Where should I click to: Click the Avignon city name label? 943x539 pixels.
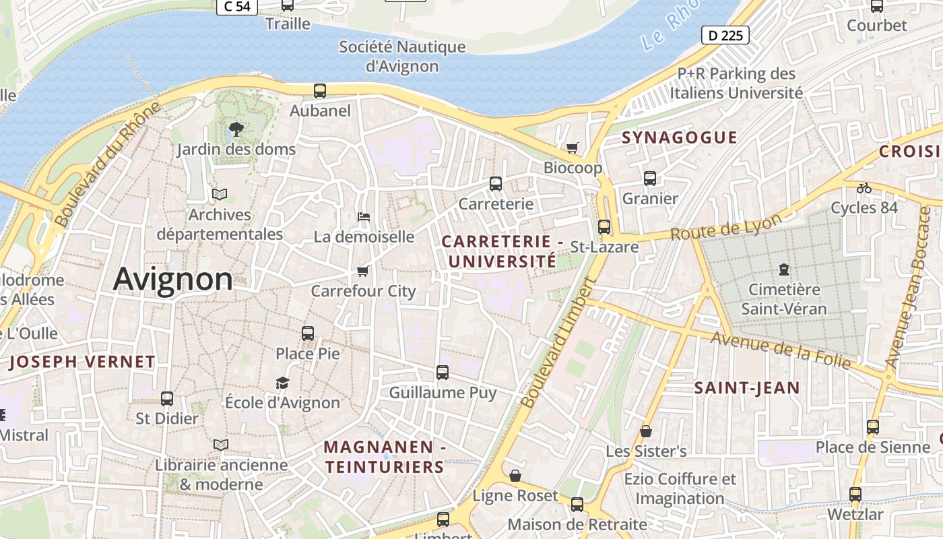click(173, 278)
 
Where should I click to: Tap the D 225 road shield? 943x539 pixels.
click(725, 35)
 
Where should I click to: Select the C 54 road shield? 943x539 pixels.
click(236, 6)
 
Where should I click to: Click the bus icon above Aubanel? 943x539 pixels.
click(320, 90)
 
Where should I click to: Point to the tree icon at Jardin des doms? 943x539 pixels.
click(236, 128)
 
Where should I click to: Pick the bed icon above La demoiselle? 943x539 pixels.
click(363, 216)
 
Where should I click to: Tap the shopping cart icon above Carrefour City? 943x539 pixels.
click(363, 271)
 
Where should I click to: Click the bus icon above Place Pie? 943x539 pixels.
click(308, 333)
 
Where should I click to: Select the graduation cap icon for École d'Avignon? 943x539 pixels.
click(282, 383)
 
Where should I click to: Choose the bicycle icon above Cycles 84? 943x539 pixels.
click(864, 187)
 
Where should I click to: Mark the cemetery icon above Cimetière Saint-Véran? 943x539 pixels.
click(783, 269)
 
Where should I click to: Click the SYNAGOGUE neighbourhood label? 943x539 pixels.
click(679, 137)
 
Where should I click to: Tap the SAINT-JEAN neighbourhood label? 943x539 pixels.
click(747, 388)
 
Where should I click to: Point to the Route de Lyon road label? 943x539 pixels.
click(726, 226)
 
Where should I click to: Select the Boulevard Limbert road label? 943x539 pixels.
click(559, 344)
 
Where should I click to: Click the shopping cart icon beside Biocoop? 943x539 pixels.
click(573, 148)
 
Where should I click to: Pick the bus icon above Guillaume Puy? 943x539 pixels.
click(443, 372)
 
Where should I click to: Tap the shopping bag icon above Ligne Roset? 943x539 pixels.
click(515, 476)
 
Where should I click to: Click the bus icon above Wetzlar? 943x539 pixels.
click(855, 494)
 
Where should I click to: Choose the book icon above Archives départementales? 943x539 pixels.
click(220, 194)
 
